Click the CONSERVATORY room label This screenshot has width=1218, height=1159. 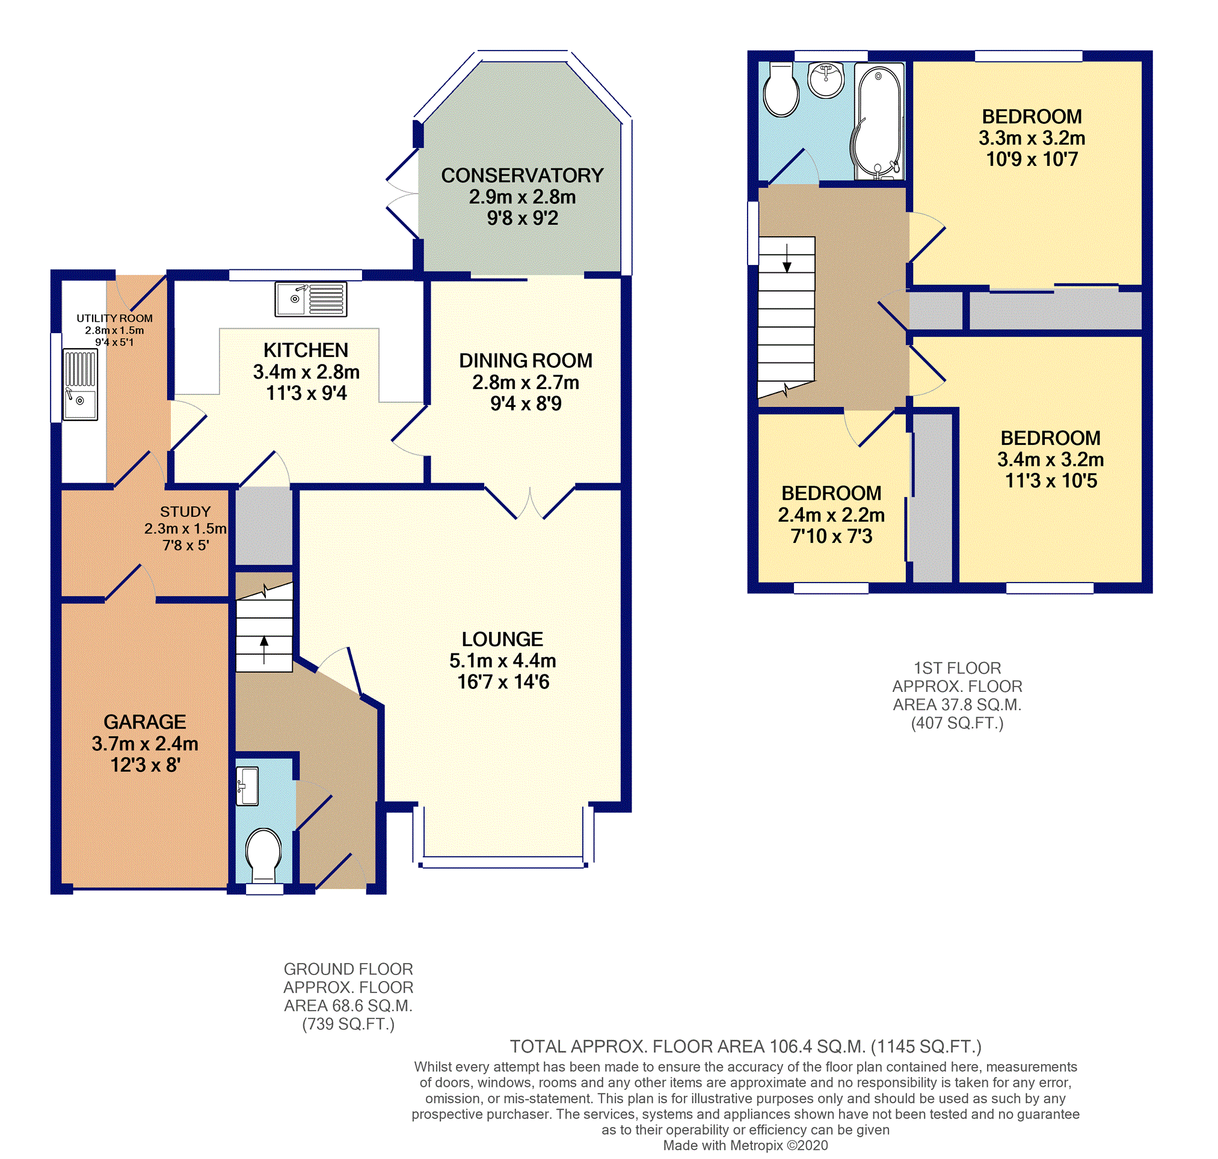point(522,176)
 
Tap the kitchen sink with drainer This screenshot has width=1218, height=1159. point(311,299)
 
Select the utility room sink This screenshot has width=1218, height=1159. point(81,384)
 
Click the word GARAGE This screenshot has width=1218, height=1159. point(145,721)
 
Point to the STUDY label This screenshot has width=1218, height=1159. point(185,512)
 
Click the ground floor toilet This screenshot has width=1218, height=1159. point(264,855)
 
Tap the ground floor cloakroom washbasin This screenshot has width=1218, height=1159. point(247,786)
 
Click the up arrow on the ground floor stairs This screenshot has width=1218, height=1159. point(264,650)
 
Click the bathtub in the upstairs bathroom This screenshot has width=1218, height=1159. point(878,122)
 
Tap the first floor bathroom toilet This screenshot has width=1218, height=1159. point(781,90)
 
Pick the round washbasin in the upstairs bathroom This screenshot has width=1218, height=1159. point(826,80)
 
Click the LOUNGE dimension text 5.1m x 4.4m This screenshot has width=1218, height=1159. point(503,661)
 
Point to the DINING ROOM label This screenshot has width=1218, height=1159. point(526,360)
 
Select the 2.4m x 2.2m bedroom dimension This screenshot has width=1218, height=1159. point(831,515)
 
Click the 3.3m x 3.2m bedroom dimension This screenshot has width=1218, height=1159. point(1032,138)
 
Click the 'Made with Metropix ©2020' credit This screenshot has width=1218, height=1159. point(745,1145)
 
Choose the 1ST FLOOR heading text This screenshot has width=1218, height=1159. point(957,668)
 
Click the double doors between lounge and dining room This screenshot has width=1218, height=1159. point(530,502)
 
